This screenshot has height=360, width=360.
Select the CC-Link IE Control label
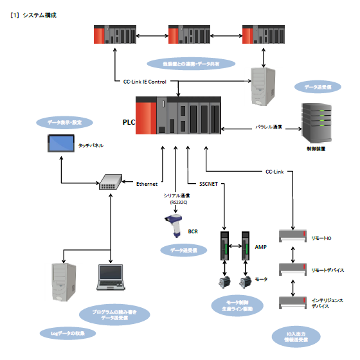145,82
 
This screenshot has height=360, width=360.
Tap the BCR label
192,231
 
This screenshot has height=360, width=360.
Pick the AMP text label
260,246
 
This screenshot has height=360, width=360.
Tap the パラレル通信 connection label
269,127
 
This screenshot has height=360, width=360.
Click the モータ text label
261,280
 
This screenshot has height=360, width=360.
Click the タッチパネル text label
91,146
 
